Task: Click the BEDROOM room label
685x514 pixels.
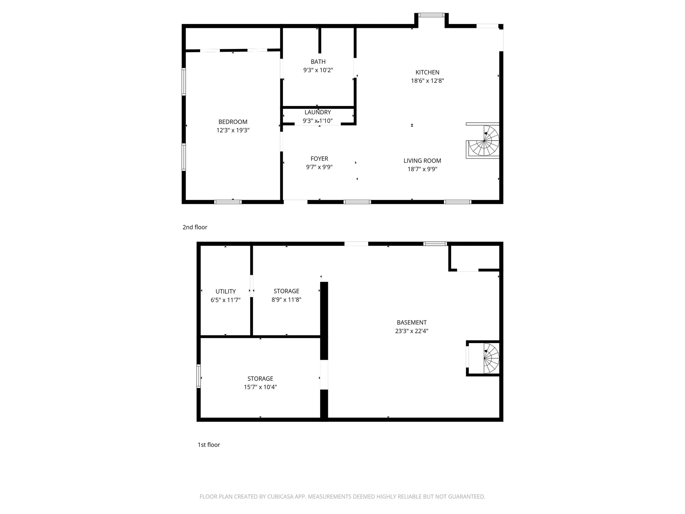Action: pos(233,122)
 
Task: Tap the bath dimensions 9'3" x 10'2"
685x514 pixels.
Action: pos(318,70)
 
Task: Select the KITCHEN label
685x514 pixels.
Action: pos(427,72)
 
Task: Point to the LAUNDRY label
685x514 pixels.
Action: pos(318,112)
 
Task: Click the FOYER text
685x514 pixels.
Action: pos(319,158)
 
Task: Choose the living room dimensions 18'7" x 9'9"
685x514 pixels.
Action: pos(422,169)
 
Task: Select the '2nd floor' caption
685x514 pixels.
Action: pos(195,227)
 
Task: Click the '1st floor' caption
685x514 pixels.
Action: pos(209,445)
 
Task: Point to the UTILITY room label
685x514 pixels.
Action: pos(225,291)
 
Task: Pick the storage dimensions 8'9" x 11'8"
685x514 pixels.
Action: pos(286,300)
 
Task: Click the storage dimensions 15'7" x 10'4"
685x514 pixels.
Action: pos(260,387)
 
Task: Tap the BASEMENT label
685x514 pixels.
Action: pos(411,322)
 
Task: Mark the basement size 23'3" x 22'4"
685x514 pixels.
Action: pos(411,331)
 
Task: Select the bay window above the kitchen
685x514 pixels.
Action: pos(431,15)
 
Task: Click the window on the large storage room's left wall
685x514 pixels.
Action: pos(199,376)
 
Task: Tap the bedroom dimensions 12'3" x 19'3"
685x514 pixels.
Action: pos(233,130)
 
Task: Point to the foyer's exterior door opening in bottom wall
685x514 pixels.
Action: pos(295,202)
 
